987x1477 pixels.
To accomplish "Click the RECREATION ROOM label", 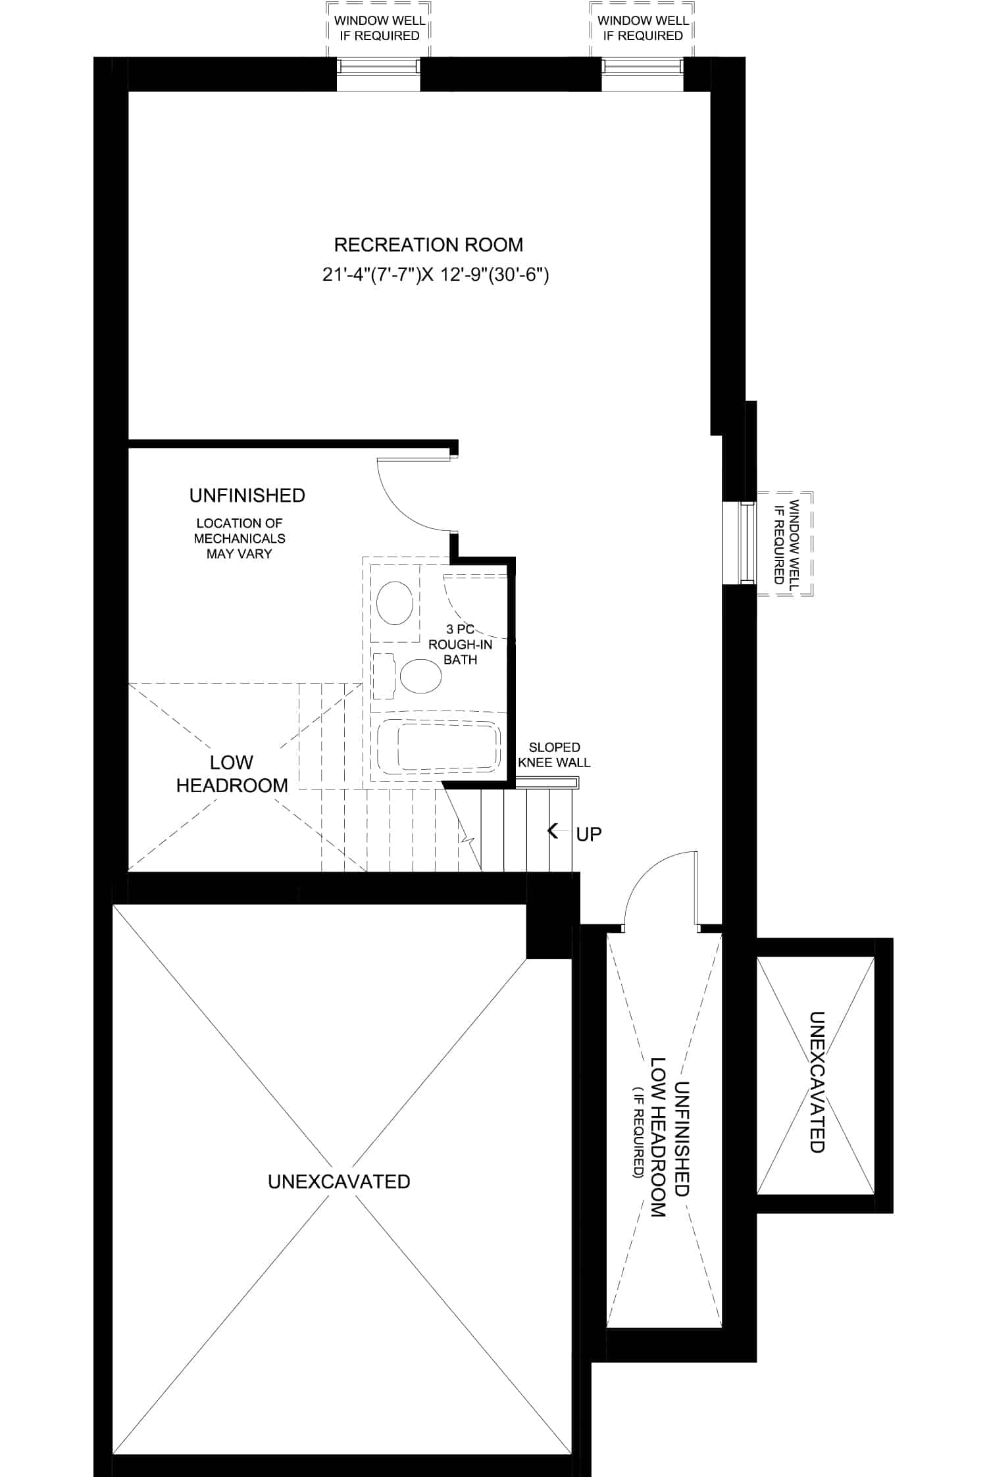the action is (x=428, y=245).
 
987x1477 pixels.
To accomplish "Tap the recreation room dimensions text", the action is (x=436, y=275).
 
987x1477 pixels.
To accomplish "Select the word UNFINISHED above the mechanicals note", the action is (x=247, y=495).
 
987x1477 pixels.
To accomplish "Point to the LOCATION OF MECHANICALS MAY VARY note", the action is (x=240, y=538).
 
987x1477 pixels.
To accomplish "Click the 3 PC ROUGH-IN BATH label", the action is (x=461, y=645).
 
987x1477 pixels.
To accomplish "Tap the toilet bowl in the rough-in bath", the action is (x=420, y=676).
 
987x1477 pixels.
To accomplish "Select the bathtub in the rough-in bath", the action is (x=438, y=747).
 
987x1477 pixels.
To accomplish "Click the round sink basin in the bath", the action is (x=395, y=603).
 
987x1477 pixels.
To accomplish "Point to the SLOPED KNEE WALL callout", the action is (x=554, y=755).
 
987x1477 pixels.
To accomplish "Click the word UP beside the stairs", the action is (x=589, y=834).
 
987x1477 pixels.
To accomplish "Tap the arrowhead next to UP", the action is (x=553, y=831).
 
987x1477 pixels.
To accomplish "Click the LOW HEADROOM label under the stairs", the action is (x=232, y=774).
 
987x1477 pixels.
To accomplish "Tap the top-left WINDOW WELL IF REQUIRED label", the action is (x=380, y=28).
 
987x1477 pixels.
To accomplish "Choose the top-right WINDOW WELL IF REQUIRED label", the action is (x=643, y=28).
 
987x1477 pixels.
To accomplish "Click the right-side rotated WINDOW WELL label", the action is (x=786, y=543).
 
